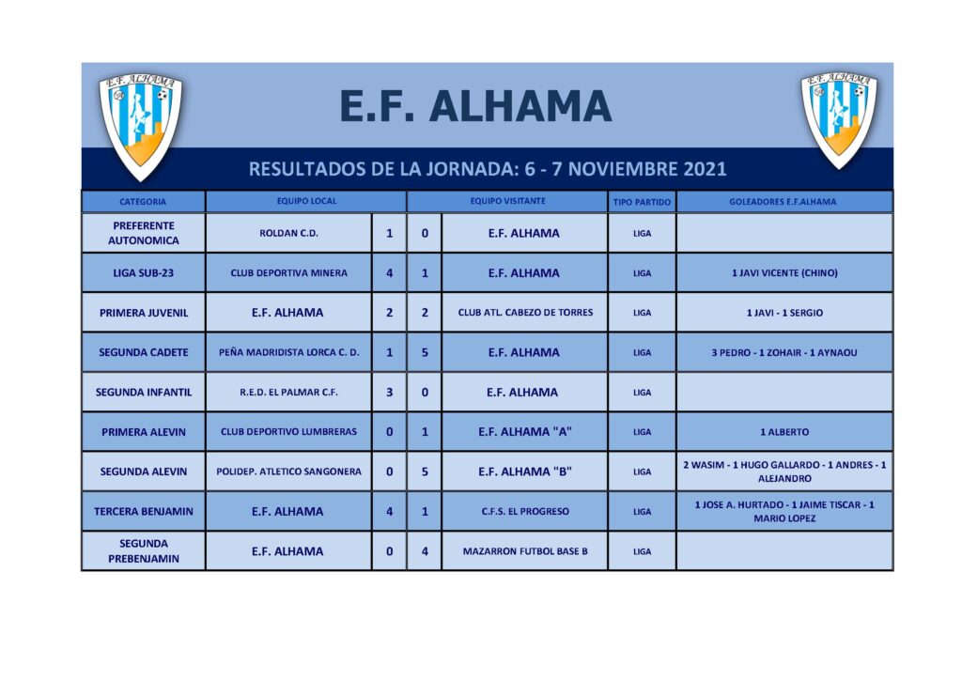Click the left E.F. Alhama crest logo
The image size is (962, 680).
click(x=141, y=127)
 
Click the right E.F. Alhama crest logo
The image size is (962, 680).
click(x=839, y=119)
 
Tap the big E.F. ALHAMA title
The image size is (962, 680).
click(x=475, y=106)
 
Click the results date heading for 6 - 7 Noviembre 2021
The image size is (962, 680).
click(x=488, y=169)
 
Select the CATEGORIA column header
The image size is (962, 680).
click(x=143, y=202)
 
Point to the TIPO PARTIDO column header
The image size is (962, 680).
click(x=642, y=202)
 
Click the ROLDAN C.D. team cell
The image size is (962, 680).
click(x=288, y=233)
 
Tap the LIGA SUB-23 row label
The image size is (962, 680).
click(x=143, y=273)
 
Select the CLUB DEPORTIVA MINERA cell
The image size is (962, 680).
click(x=288, y=273)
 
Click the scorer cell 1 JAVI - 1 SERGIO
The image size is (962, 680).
click(x=784, y=313)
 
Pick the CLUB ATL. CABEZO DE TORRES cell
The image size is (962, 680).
click(x=525, y=312)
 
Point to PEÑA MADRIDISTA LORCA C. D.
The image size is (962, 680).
click(x=289, y=352)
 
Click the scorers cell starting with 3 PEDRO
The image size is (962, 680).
click(x=784, y=352)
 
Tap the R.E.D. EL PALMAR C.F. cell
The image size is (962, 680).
click(x=288, y=393)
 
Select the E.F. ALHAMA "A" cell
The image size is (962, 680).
click(x=525, y=432)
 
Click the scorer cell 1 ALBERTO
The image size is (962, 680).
click(x=784, y=432)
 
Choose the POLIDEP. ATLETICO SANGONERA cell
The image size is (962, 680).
click(x=288, y=471)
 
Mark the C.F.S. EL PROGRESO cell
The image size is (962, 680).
click(x=525, y=511)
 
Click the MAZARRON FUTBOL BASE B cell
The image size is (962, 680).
click(x=525, y=551)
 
